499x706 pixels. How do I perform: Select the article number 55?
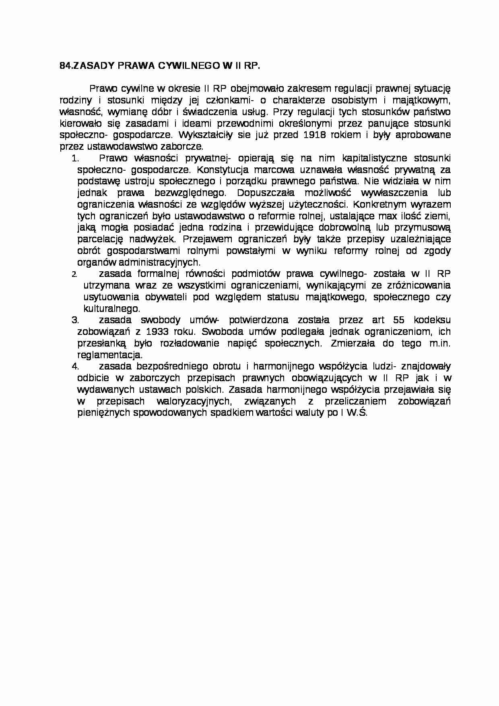click(397, 320)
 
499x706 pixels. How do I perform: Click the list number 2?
click(74, 275)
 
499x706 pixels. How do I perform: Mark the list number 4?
click(74, 367)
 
